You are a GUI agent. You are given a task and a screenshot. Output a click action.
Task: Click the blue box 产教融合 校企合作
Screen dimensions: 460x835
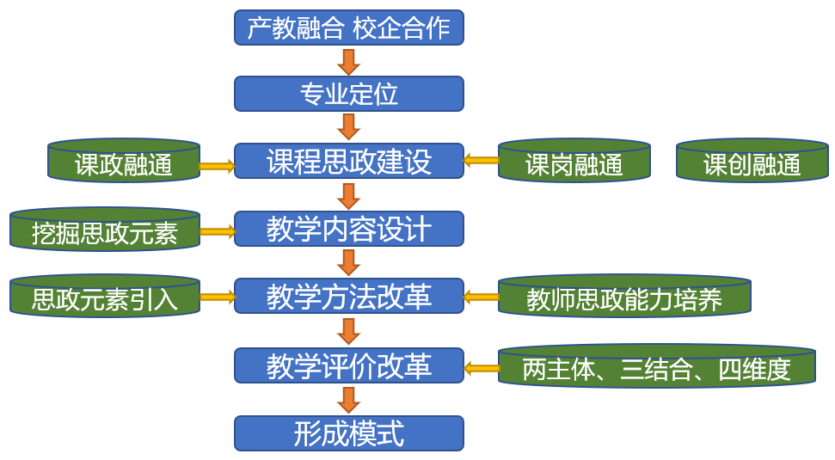(348, 28)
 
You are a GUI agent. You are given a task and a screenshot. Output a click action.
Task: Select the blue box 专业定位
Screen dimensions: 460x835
(348, 94)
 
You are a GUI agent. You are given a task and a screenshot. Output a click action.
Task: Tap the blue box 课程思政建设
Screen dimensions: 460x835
(348, 161)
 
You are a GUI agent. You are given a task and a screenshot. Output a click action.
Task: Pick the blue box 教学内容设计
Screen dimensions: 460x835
(348, 229)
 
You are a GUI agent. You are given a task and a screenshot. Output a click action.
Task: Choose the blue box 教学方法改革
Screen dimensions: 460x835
(348, 297)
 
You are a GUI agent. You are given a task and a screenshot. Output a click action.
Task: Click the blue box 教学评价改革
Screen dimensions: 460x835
(348, 365)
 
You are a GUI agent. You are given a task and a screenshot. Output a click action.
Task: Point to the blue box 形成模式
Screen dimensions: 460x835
(348, 433)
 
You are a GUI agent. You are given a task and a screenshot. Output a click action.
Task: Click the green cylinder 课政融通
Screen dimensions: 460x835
(124, 162)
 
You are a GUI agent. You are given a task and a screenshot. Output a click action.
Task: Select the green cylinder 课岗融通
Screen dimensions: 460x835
(574, 162)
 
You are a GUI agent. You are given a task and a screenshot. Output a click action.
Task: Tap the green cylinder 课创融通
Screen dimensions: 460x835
(752, 162)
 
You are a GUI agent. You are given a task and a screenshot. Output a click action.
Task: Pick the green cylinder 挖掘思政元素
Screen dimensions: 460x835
(105, 230)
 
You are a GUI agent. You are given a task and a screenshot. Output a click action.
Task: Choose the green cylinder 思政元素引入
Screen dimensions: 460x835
(105, 297)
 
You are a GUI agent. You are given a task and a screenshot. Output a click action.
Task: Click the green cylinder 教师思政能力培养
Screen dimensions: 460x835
(624, 297)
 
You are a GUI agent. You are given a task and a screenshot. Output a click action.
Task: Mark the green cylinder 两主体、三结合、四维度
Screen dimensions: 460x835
(657, 367)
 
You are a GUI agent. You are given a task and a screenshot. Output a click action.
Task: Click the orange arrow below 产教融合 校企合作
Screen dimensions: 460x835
(348, 61)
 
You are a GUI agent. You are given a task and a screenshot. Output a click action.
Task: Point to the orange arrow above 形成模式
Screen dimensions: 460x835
(348, 400)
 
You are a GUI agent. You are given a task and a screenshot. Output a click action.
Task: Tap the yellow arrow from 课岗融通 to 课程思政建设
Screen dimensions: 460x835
(481, 159)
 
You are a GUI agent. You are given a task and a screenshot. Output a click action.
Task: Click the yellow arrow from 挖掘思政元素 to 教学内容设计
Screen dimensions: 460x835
(217, 230)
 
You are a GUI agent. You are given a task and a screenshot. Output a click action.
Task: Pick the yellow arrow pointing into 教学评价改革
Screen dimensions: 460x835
(481, 368)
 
